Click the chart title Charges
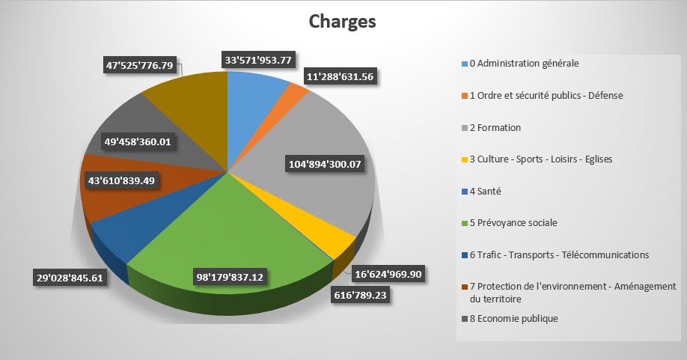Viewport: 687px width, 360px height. pos(343,22)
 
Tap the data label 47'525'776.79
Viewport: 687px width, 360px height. pos(140,66)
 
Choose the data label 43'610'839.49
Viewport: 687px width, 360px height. pos(120,180)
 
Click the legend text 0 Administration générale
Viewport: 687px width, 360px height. pos(524,64)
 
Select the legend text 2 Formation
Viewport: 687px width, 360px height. pos(495,127)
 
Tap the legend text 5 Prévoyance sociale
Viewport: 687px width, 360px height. pos(513,223)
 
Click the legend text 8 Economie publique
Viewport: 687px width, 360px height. pos(513,318)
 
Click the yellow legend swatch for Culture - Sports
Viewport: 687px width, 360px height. pos(464,159)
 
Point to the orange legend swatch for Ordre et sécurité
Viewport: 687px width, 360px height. pos(464,96)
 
